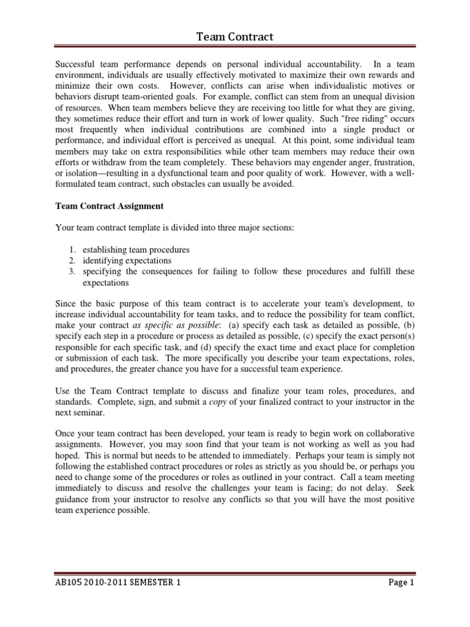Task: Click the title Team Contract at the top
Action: [234, 38]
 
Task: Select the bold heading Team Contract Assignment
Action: [109, 206]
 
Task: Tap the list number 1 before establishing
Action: [72, 250]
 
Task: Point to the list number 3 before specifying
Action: [72, 272]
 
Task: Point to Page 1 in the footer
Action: [402, 583]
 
